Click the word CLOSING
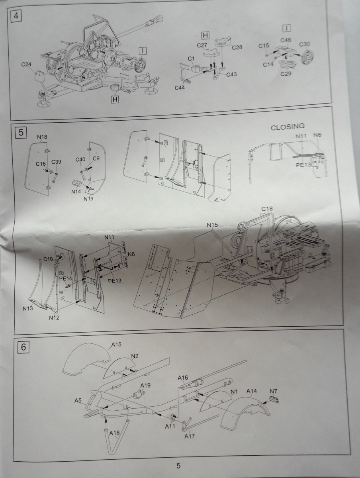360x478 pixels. point(288,127)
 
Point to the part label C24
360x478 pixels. point(27,64)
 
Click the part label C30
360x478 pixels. point(305,44)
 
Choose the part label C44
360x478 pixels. point(180,87)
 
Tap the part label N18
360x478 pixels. point(42,137)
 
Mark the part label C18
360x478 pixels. point(267,209)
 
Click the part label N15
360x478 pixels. point(213,225)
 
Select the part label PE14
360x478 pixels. point(65,279)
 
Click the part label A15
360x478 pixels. point(117,345)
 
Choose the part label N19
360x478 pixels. point(89,198)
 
